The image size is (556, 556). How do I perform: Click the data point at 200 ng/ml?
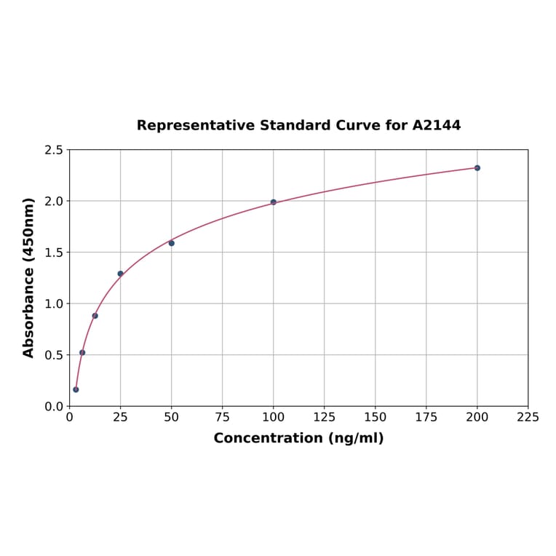[x=477, y=168]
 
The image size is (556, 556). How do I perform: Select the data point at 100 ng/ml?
[x=274, y=202]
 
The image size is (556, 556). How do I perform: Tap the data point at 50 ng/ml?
[x=172, y=243]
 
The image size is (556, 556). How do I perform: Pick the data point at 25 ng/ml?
[x=121, y=274]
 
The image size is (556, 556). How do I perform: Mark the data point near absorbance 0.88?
[x=95, y=316]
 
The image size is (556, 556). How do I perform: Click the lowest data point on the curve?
[x=76, y=389]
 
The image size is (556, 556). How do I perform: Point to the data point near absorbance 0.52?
[x=82, y=352]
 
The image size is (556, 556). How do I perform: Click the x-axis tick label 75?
[x=223, y=418]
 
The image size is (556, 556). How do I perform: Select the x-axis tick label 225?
[x=528, y=418]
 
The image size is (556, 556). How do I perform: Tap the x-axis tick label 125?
[x=325, y=418]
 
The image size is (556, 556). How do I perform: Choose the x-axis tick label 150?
[x=376, y=418]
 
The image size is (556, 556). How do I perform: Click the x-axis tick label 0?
[x=70, y=418]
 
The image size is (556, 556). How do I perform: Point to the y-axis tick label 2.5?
[x=54, y=150]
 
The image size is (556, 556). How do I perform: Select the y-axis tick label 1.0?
[x=54, y=303]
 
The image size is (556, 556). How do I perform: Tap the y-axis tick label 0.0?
[x=54, y=406]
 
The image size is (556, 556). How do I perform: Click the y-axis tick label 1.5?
[x=54, y=253]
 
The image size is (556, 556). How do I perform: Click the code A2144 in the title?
[x=437, y=125]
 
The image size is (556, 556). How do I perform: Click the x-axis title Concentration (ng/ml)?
[x=298, y=438]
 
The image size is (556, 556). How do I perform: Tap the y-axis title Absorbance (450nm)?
[x=29, y=277]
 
